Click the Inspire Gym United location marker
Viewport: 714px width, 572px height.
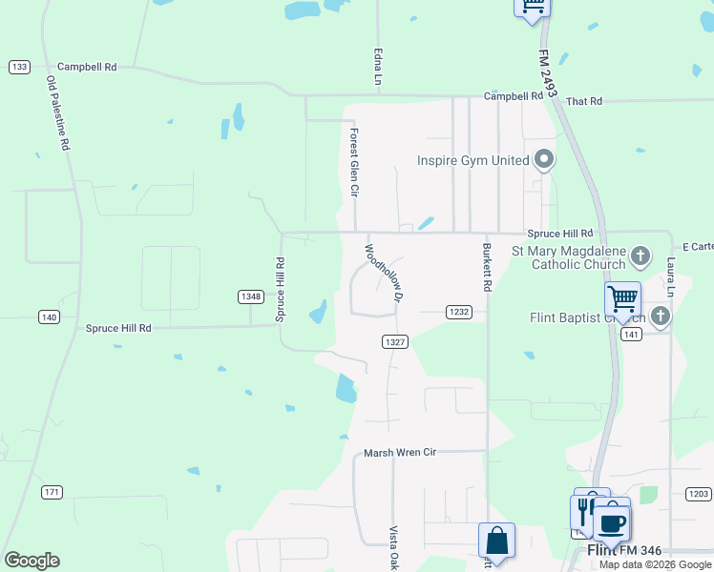point(544,158)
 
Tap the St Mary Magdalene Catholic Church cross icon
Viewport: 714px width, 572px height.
point(640,255)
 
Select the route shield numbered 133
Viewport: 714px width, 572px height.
point(19,67)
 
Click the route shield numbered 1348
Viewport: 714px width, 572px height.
point(251,296)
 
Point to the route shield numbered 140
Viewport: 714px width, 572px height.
point(49,317)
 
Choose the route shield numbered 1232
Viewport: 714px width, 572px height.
point(459,312)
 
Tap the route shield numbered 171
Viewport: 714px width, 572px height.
point(52,492)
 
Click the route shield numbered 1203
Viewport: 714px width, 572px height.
point(698,493)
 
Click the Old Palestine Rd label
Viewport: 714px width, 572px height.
point(58,114)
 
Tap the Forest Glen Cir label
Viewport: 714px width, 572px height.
point(353,163)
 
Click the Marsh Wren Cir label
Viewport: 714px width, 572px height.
point(400,453)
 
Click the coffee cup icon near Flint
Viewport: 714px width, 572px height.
point(612,523)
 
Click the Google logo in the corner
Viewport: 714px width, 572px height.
point(31,561)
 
